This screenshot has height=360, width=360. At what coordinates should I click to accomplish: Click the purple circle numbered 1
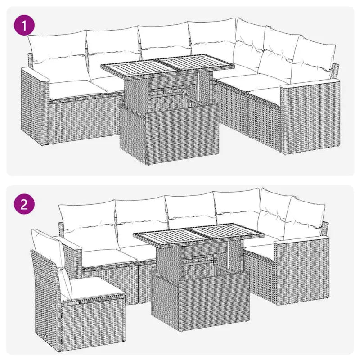pyautogui.click(x=25, y=25)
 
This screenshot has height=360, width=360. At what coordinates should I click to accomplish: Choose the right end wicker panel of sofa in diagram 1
pyautogui.click(x=308, y=117)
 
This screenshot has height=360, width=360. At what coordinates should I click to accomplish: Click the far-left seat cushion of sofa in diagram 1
pyautogui.click(x=70, y=89)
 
